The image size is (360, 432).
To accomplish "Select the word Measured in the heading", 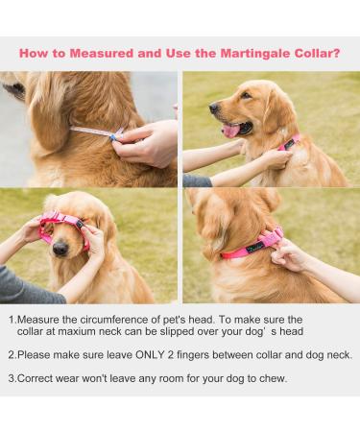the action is [101, 53].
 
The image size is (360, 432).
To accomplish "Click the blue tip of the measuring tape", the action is [112, 137].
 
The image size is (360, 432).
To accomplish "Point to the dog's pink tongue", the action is [231, 131].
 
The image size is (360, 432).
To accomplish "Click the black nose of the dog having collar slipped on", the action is [60, 249].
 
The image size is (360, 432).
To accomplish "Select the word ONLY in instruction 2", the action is [150, 355].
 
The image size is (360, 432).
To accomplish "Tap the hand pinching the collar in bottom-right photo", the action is [291, 254].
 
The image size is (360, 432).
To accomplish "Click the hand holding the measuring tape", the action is [147, 143].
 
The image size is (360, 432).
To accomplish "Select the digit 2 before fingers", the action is [170, 355].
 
